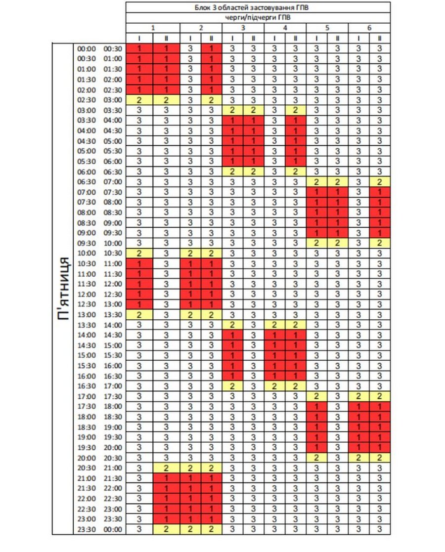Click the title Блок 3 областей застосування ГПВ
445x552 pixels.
[258, 7]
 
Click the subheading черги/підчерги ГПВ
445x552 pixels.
[258, 18]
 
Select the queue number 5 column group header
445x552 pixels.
[327, 28]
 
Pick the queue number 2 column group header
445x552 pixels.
[201, 28]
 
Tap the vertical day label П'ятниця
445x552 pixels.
[63, 289]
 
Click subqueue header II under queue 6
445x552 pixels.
[380, 39]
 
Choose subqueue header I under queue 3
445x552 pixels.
[232, 39]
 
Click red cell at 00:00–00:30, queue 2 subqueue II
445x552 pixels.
[211, 48]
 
